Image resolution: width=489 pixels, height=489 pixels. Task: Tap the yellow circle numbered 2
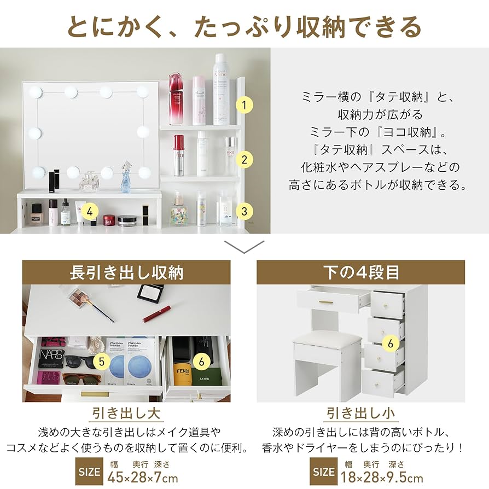click(x=244, y=159)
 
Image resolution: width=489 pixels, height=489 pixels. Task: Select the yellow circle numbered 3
click(x=244, y=211)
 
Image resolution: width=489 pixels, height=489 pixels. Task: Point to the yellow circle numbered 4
click(x=91, y=211)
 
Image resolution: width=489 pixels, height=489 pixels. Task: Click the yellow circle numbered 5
click(x=101, y=361)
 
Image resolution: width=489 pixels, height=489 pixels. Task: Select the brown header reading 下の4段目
click(x=360, y=272)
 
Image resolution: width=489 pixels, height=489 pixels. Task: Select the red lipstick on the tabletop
click(x=156, y=313)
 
